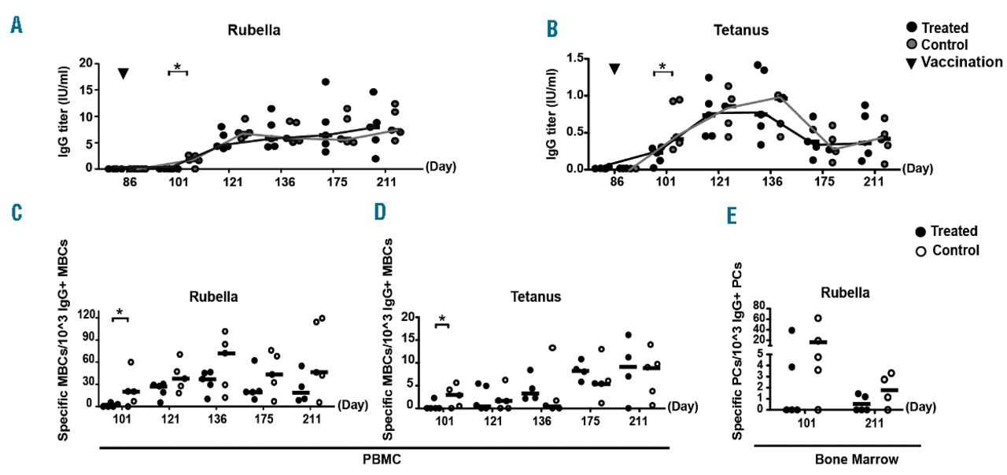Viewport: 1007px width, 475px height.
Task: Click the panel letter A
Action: coord(17,26)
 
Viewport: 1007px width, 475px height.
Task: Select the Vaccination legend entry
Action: coord(964,62)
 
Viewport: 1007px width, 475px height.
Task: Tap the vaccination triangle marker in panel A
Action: coord(124,74)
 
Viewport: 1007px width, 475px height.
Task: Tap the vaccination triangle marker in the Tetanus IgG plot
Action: coord(614,69)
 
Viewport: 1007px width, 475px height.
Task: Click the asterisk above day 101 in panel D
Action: coord(443,319)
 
